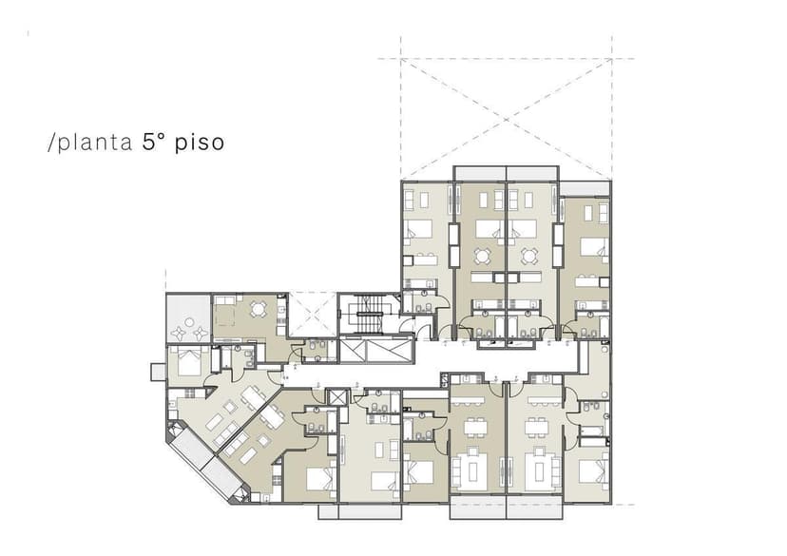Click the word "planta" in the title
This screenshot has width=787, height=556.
pyautogui.click(x=93, y=144)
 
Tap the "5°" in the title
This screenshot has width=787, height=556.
pyautogui.click(x=155, y=143)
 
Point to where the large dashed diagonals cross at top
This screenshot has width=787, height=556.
pyautogui.click(x=506, y=118)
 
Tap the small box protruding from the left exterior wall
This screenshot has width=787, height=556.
pyautogui.click(x=156, y=371)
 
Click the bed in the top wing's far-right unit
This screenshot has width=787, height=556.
pyautogui.click(x=593, y=248)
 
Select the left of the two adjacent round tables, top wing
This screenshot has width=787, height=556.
pyautogui.click(x=483, y=255)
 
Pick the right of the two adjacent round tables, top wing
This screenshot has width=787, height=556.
pyautogui.click(x=528, y=255)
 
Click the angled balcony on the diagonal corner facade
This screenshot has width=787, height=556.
pyautogui.click(x=202, y=465)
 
